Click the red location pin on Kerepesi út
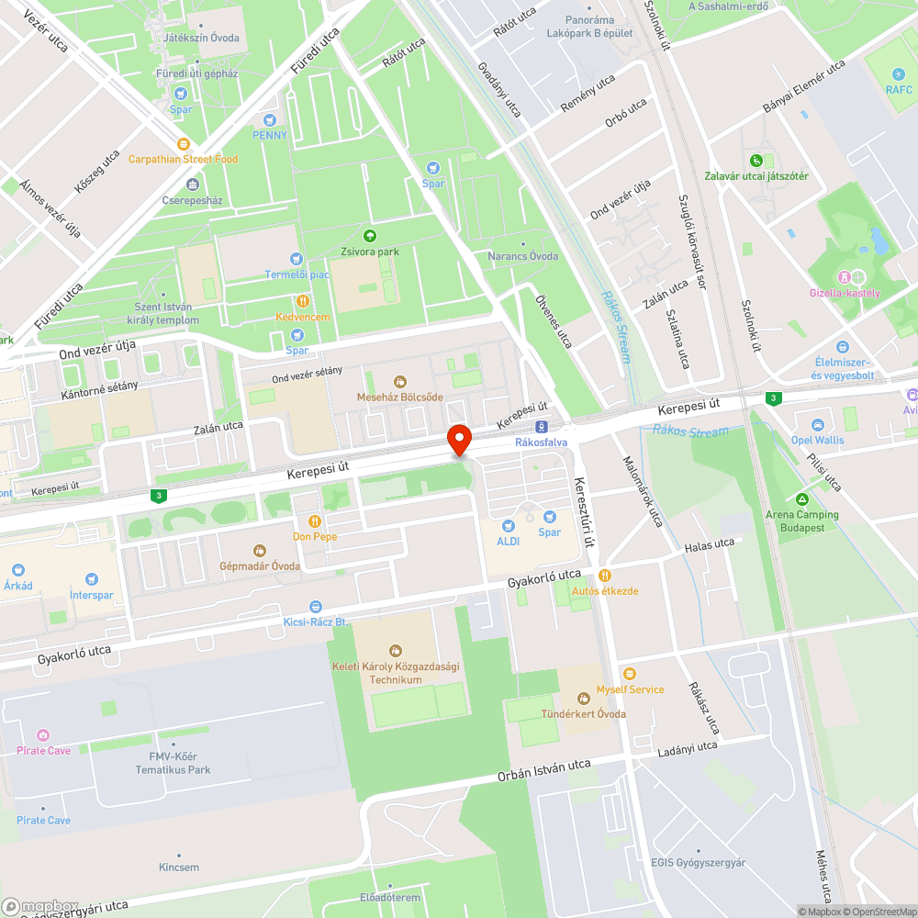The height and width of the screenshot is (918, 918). pyautogui.click(x=458, y=439)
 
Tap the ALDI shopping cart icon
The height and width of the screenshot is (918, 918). pyautogui.click(x=509, y=526)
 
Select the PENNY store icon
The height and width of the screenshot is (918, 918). pyautogui.click(x=270, y=119)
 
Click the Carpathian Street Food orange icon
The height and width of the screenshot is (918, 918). pyautogui.click(x=184, y=143)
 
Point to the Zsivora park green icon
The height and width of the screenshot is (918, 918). pyautogui.click(x=370, y=236)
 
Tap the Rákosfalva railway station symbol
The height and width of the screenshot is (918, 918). pyautogui.click(x=542, y=427)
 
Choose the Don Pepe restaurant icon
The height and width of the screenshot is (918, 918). pyautogui.click(x=314, y=521)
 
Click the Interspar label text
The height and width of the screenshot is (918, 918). pyautogui.click(x=92, y=595)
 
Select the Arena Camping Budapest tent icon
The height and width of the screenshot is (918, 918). pyautogui.click(x=802, y=499)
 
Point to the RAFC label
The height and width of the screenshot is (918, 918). pyautogui.click(x=899, y=89)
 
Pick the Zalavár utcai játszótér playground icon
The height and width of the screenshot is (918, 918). pyautogui.click(x=756, y=160)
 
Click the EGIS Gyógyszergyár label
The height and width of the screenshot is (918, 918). pyautogui.click(x=698, y=863)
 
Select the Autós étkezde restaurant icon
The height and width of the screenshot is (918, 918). pyautogui.click(x=604, y=576)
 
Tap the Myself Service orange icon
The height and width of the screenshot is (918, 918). pyautogui.click(x=629, y=674)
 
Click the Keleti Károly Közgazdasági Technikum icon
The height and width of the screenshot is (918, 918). pyautogui.click(x=396, y=651)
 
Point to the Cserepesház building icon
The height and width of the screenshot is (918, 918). pyautogui.click(x=191, y=185)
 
